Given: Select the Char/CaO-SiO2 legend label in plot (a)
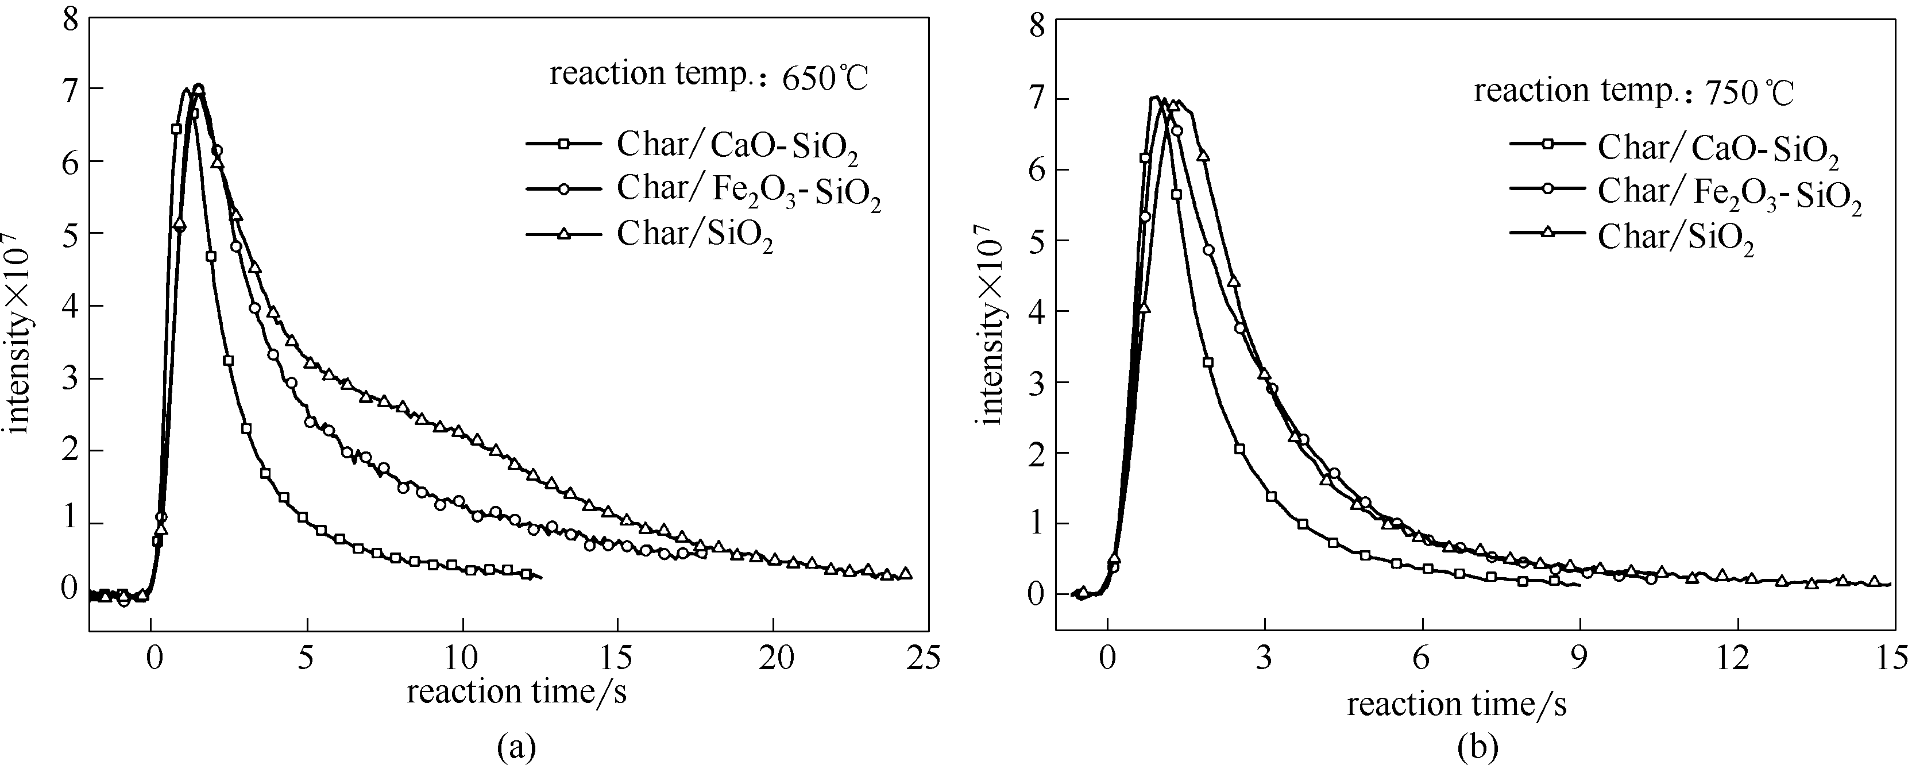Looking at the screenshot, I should click(737, 146).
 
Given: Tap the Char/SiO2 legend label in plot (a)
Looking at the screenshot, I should click(695, 235).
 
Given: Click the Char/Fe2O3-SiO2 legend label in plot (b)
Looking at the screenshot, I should click(1729, 194).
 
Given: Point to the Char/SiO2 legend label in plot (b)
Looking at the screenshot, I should click(1676, 238).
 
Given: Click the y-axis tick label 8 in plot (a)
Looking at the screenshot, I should click(71, 18).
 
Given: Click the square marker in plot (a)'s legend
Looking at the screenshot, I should click(563, 144).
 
